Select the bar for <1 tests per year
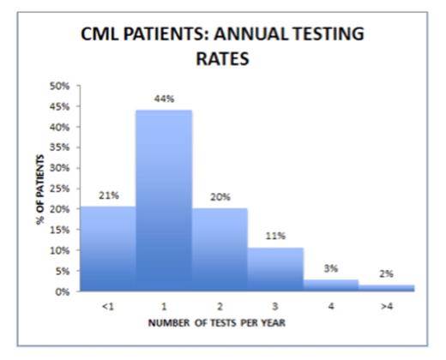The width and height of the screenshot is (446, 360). (x=107, y=249)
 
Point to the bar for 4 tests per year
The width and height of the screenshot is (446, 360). (x=331, y=285)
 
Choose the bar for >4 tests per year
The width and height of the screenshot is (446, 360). (x=387, y=287)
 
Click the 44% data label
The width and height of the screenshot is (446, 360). (x=164, y=99)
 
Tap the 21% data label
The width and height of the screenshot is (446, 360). (x=107, y=194)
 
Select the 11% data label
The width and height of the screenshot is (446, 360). (x=275, y=236)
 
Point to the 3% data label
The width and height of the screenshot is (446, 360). (x=331, y=267)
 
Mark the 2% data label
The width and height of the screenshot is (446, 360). (x=387, y=273)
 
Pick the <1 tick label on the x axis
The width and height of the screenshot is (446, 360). (x=107, y=304)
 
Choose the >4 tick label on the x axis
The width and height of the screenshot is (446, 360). (x=387, y=304)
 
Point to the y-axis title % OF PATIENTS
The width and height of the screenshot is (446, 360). (x=39, y=189)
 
